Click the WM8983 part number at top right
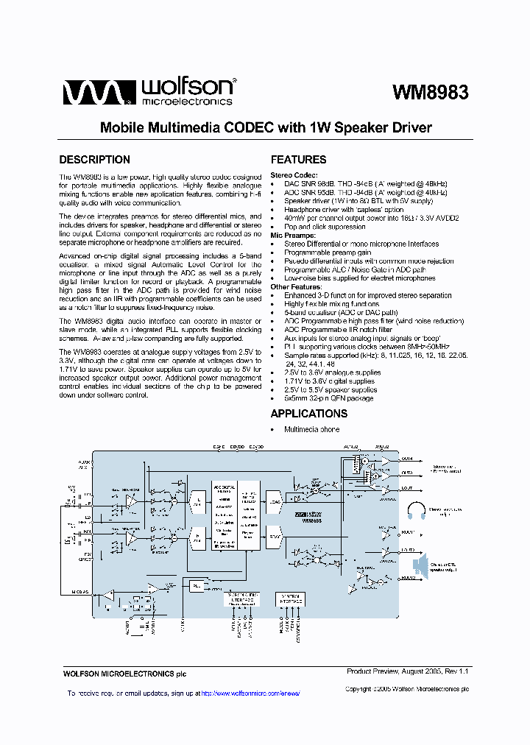[x=430, y=92]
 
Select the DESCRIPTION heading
[x=94, y=160]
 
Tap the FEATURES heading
[x=298, y=160]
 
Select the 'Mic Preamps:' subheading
[x=292, y=236]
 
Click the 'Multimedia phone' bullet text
[x=312, y=429]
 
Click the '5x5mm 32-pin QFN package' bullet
[x=329, y=399]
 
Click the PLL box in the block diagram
[x=196, y=586]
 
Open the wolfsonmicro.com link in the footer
[x=250, y=693]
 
